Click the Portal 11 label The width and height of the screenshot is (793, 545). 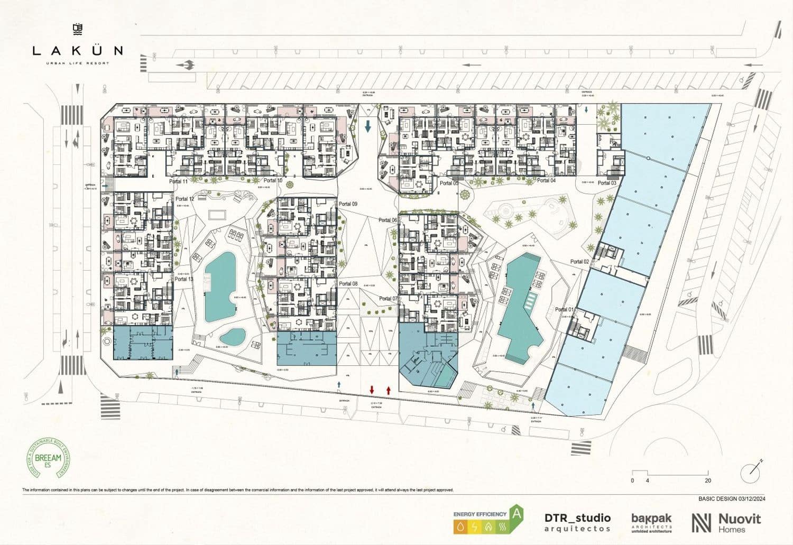(x=178, y=181)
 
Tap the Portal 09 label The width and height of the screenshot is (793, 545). (x=348, y=204)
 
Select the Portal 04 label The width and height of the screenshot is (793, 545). (x=546, y=181)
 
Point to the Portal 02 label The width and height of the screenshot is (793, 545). (x=579, y=262)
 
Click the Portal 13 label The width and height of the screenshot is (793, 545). (x=184, y=279)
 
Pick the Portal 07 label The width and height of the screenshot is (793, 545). (x=388, y=299)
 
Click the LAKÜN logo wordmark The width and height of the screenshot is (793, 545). (x=77, y=51)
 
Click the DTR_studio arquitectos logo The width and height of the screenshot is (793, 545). (x=577, y=522)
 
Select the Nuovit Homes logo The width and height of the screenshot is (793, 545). (x=726, y=522)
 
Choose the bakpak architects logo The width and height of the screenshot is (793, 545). (x=651, y=522)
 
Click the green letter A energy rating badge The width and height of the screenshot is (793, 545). (x=516, y=513)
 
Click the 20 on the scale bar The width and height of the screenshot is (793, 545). (x=708, y=481)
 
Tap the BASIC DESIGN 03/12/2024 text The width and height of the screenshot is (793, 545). (x=732, y=498)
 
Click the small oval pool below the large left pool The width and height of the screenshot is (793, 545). (x=233, y=336)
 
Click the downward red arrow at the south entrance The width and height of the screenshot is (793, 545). (x=372, y=390)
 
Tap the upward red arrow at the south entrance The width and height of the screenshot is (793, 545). (x=389, y=390)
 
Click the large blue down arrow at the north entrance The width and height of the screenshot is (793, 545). (x=368, y=126)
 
